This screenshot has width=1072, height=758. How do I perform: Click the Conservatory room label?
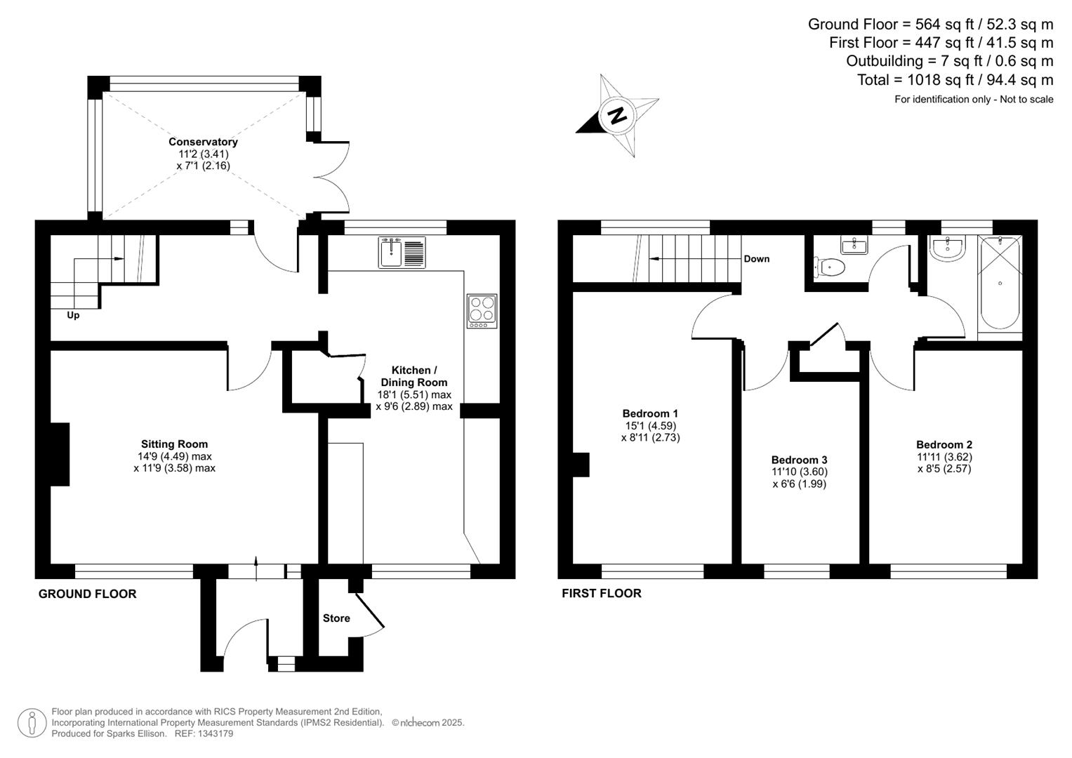(203, 142)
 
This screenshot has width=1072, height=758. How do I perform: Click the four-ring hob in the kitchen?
(482, 310)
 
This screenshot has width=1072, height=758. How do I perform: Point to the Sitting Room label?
(174, 444)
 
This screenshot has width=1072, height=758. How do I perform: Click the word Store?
(336, 618)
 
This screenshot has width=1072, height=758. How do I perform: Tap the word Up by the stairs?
(73, 315)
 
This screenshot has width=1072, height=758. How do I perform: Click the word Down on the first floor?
(756, 259)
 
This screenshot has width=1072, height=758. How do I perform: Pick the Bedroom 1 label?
(650, 413)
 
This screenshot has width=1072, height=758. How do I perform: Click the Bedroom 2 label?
(944, 444)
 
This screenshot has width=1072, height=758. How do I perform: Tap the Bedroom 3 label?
(799, 460)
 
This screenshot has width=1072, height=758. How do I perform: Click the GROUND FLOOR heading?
(87, 594)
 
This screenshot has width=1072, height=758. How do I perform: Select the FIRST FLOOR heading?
(601, 594)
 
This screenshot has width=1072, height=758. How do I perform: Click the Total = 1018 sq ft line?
(955, 80)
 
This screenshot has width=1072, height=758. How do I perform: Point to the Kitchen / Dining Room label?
(413, 376)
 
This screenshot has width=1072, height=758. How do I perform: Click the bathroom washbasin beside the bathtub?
(948, 248)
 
